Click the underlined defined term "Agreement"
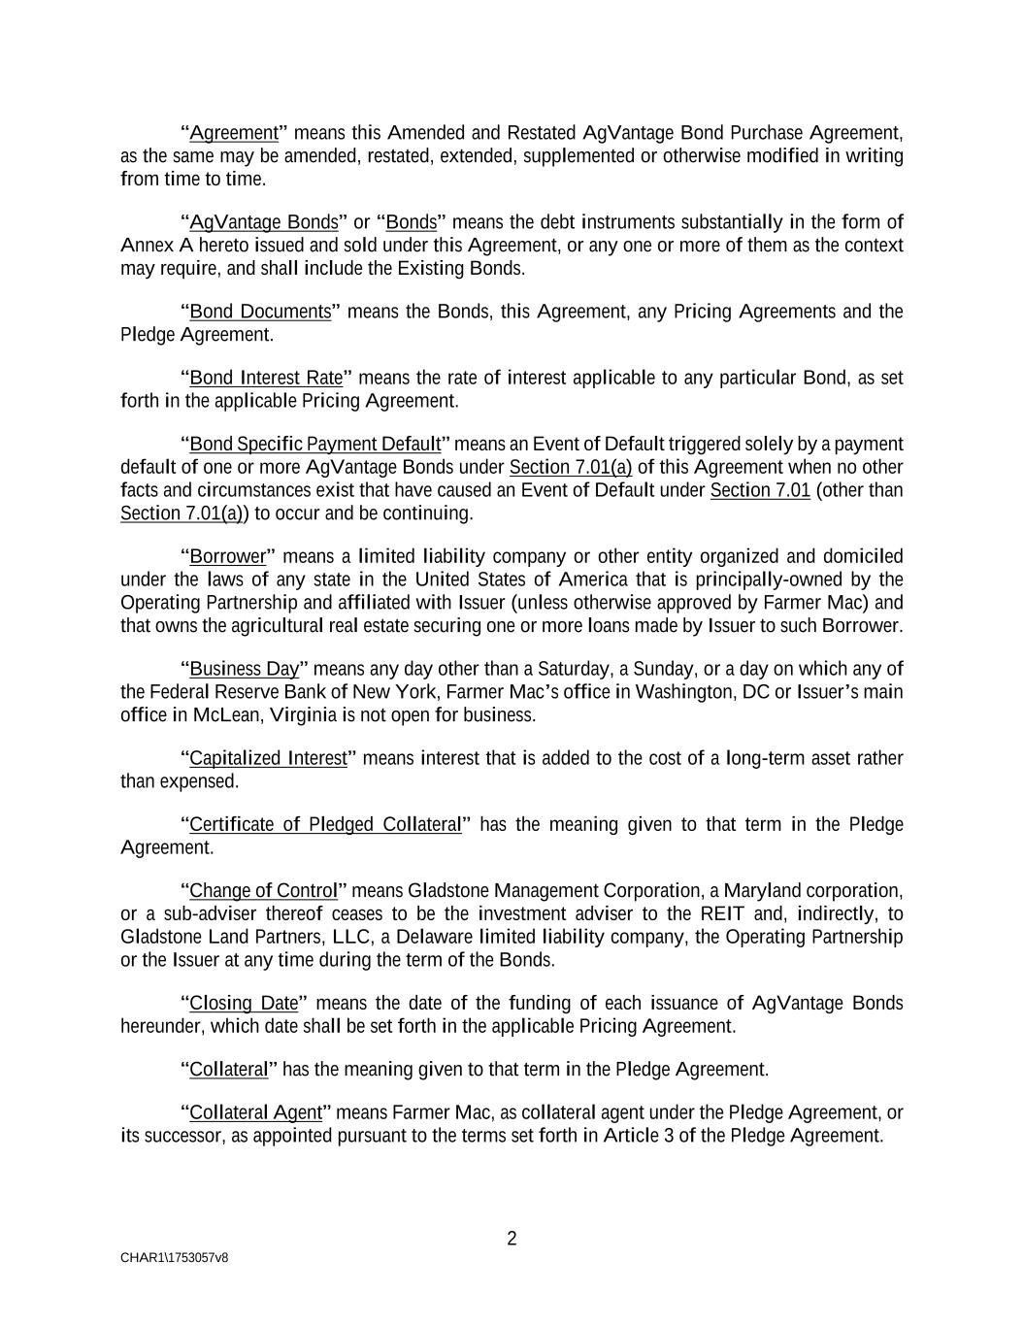click(233, 133)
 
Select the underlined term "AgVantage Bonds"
click(263, 222)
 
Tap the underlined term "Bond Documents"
click(260, 312)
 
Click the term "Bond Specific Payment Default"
click(314, 445)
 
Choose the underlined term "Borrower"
click(227, 556)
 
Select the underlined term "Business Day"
click(244, 669)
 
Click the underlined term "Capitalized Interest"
click(267, 758)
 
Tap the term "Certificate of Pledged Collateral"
click(324, 824)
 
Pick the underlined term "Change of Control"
click(263, 891)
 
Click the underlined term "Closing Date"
click(244, 1004)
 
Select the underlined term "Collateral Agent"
click(255, 1112)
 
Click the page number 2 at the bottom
click(512, 1239)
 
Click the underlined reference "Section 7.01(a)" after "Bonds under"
click(570, 467)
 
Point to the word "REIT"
click(720, 913)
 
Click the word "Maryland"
click(763, 891)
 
